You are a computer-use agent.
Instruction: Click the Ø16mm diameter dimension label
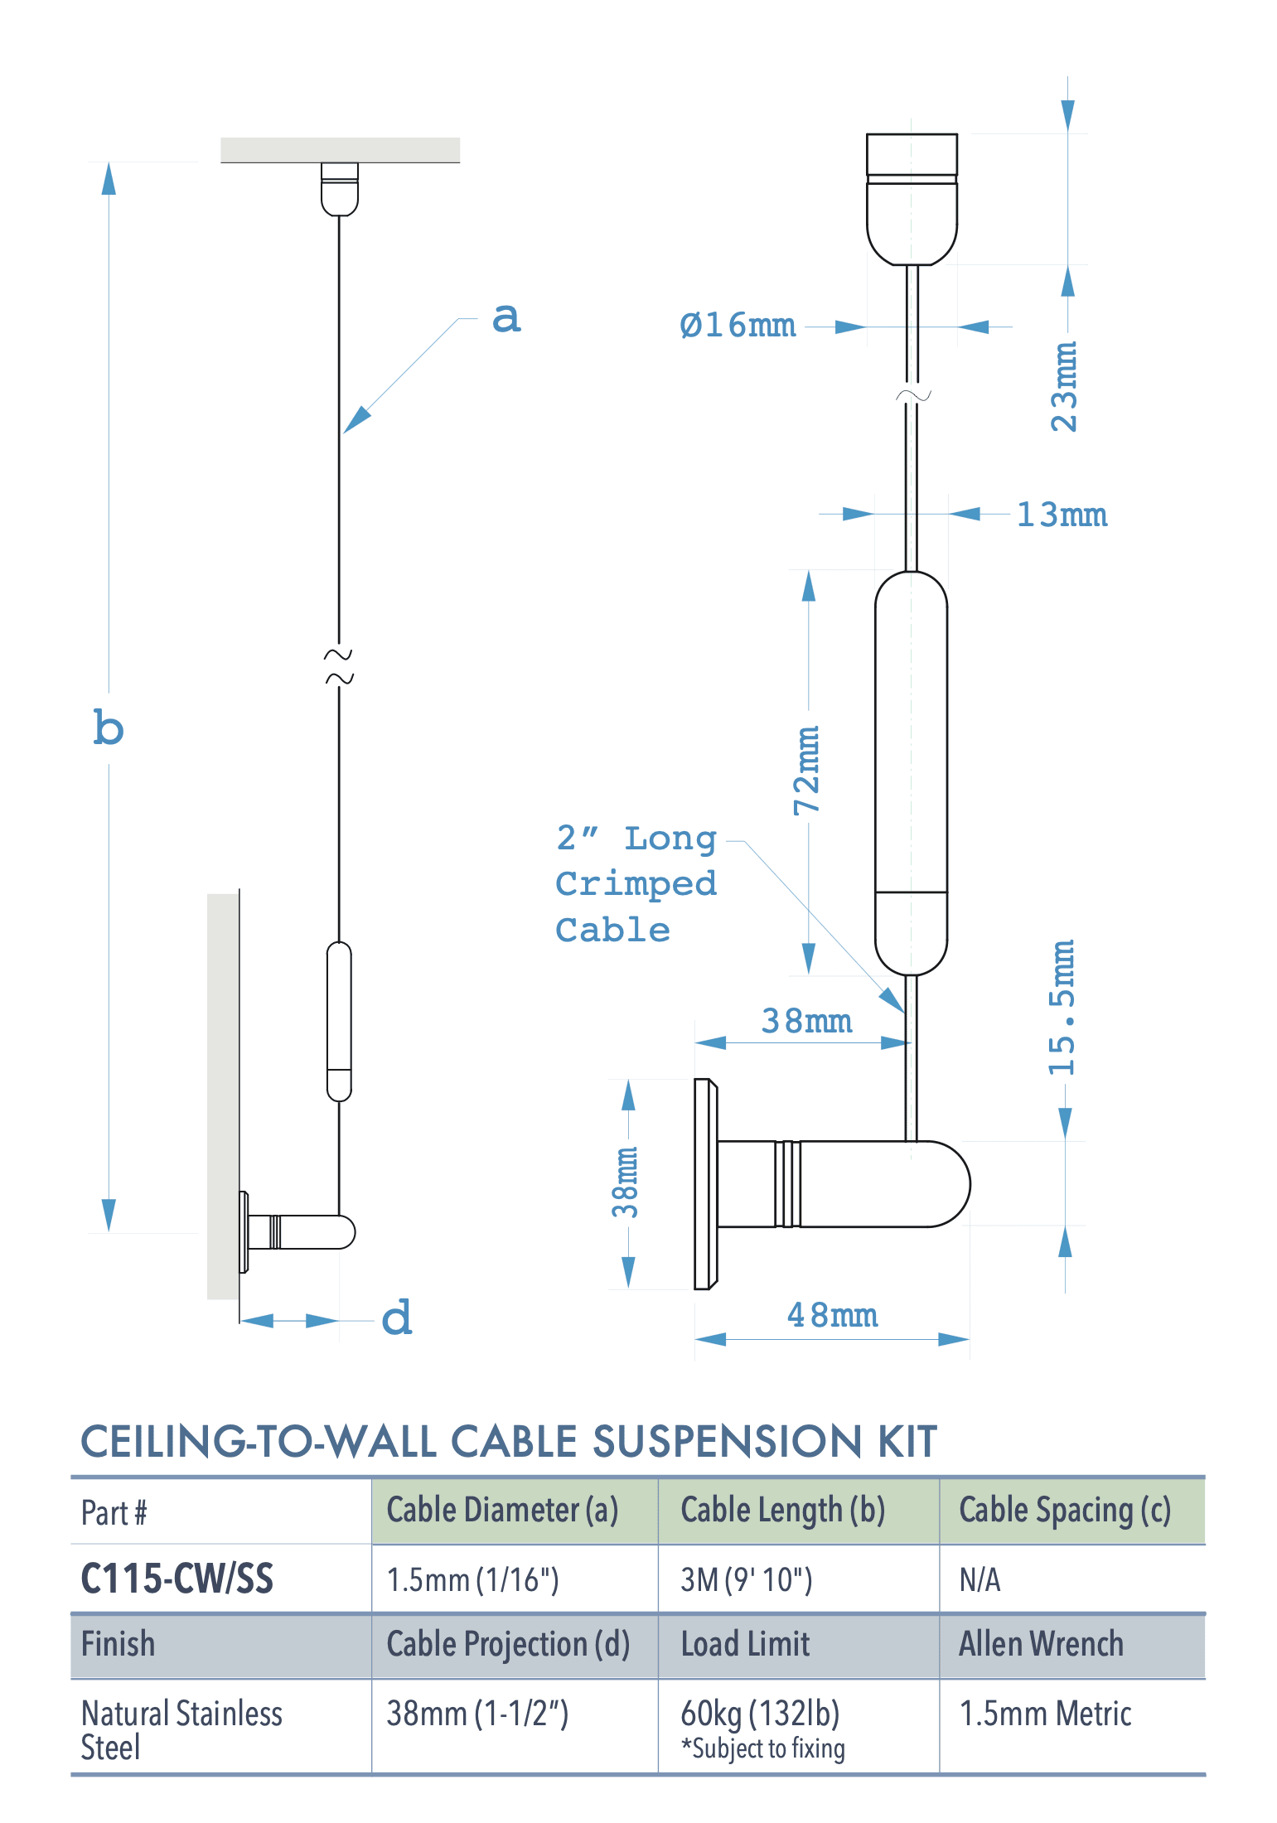(x=737, y=326)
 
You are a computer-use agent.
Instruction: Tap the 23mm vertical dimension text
(x=1064, y=386)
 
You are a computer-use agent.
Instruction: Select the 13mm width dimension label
(x=1062, y=515)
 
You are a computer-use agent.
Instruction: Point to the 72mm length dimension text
(x=807, y=771)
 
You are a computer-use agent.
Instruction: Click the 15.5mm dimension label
(x=1062, y=1008)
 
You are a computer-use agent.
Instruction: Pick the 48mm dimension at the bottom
(x=832, y=1315)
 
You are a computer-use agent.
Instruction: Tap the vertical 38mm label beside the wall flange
(x=626, y=1182)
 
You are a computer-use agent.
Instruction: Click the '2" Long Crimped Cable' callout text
(x=636, y=884)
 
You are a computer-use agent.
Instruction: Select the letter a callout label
(x=506, y=318)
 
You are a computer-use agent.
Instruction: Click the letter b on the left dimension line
(x=109, y=728)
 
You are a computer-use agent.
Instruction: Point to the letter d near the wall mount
(x=397, y=1318)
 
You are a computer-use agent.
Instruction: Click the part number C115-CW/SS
(x=177, y=1579)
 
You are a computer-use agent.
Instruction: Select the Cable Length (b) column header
(x=782, y=1511)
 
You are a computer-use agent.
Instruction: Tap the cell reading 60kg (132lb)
(x=760, y=1713)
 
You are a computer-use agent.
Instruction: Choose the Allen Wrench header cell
(x=1041, y=1644)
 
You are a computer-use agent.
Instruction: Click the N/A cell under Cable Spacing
(x=980, y=1579)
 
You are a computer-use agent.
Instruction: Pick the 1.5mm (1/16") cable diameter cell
(x=472, y=1579)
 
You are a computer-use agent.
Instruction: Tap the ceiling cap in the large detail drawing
(x=912, y=199)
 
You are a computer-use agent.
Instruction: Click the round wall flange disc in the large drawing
(x=705, y=1184)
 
